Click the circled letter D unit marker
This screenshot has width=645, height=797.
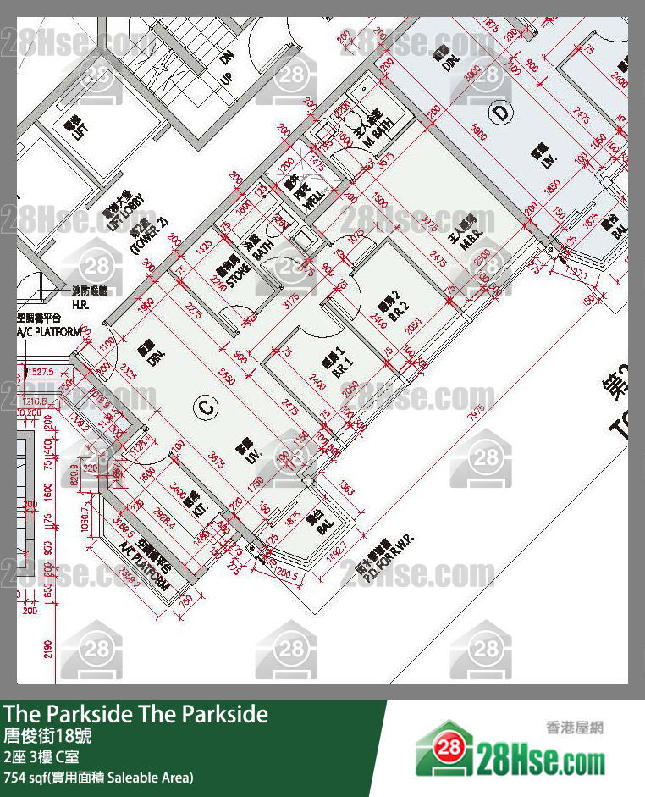point(500,111)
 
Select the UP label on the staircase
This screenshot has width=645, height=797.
point(226,78)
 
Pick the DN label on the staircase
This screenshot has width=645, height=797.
point(226,58)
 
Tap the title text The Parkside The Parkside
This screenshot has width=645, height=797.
point(136,714)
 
